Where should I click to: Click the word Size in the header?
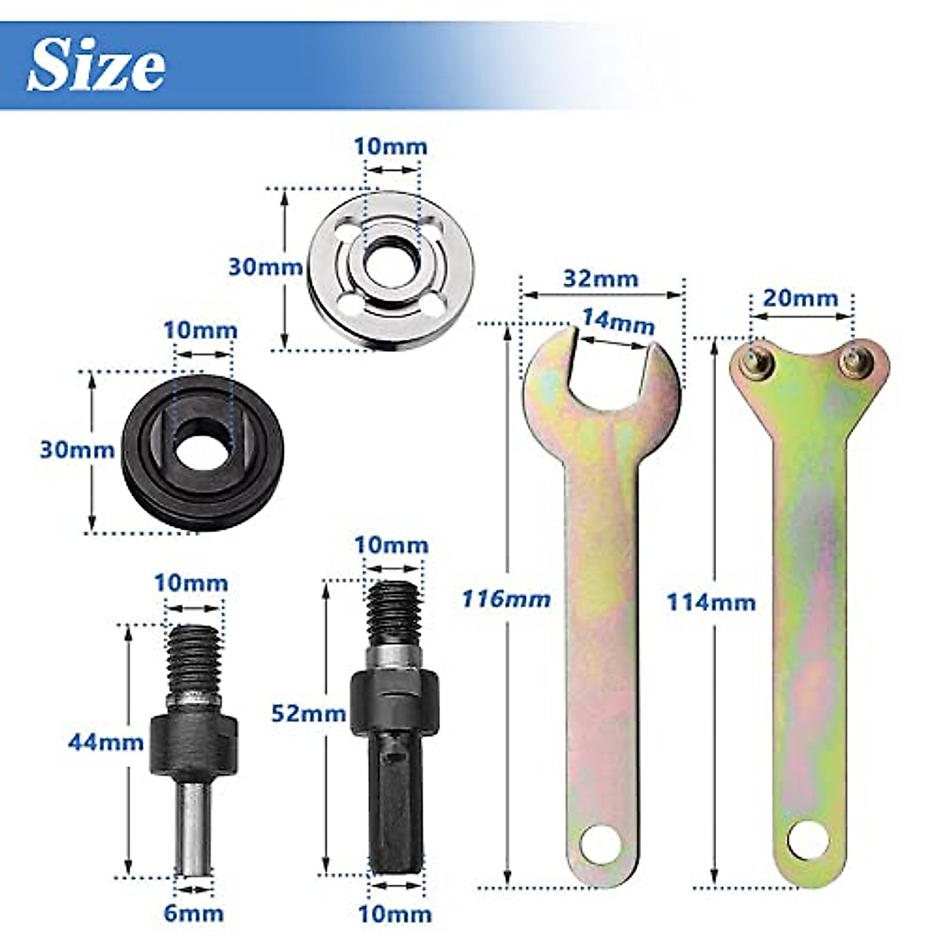96,66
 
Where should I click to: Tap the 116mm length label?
505,599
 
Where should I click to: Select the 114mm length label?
711,602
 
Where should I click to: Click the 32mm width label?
601,278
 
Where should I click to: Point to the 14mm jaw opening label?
617,321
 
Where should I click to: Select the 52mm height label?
308,713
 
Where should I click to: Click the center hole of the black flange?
202,448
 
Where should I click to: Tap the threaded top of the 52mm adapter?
394,613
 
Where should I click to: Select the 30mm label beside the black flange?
77,450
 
